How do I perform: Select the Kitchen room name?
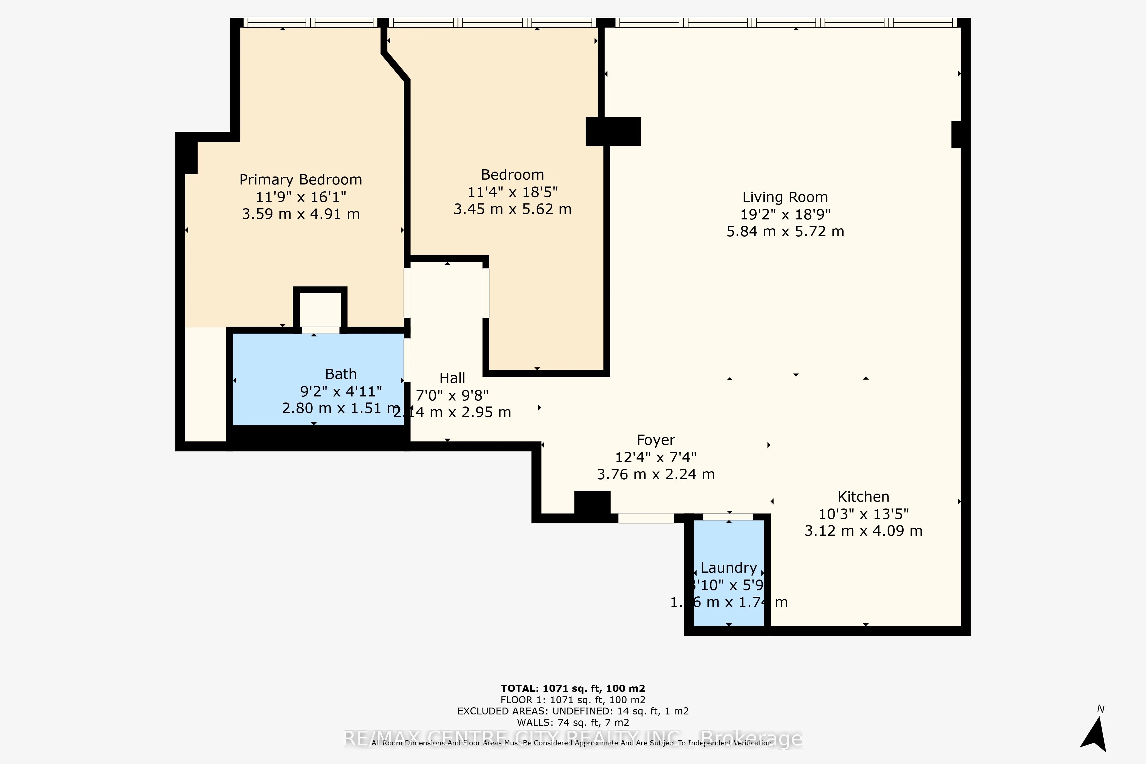pyautogui.click(x=863, y=496)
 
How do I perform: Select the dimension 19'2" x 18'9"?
pyautogui.click(x=785, y=214)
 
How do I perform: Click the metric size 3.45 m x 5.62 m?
pyautogui.click(x=512, y=209)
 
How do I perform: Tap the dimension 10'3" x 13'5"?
pyautogui.click(x=863, y=514)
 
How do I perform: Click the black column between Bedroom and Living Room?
pyautogui.click(x=613, y=131)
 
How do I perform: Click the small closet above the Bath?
pyautogui.click(x=320, y=309)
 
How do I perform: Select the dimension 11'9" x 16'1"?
pyautogui.click(x=301, y=197)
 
